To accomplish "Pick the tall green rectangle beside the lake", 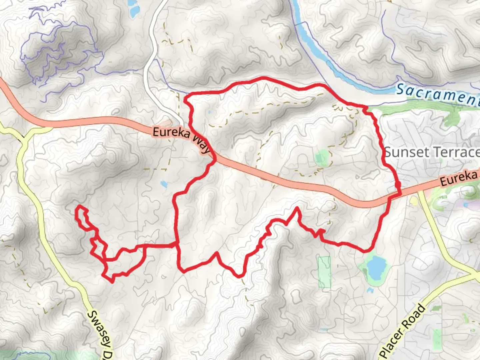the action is [324, 272].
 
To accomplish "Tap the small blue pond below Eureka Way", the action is [164, 184].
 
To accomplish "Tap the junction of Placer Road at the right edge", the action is [475, 276].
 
